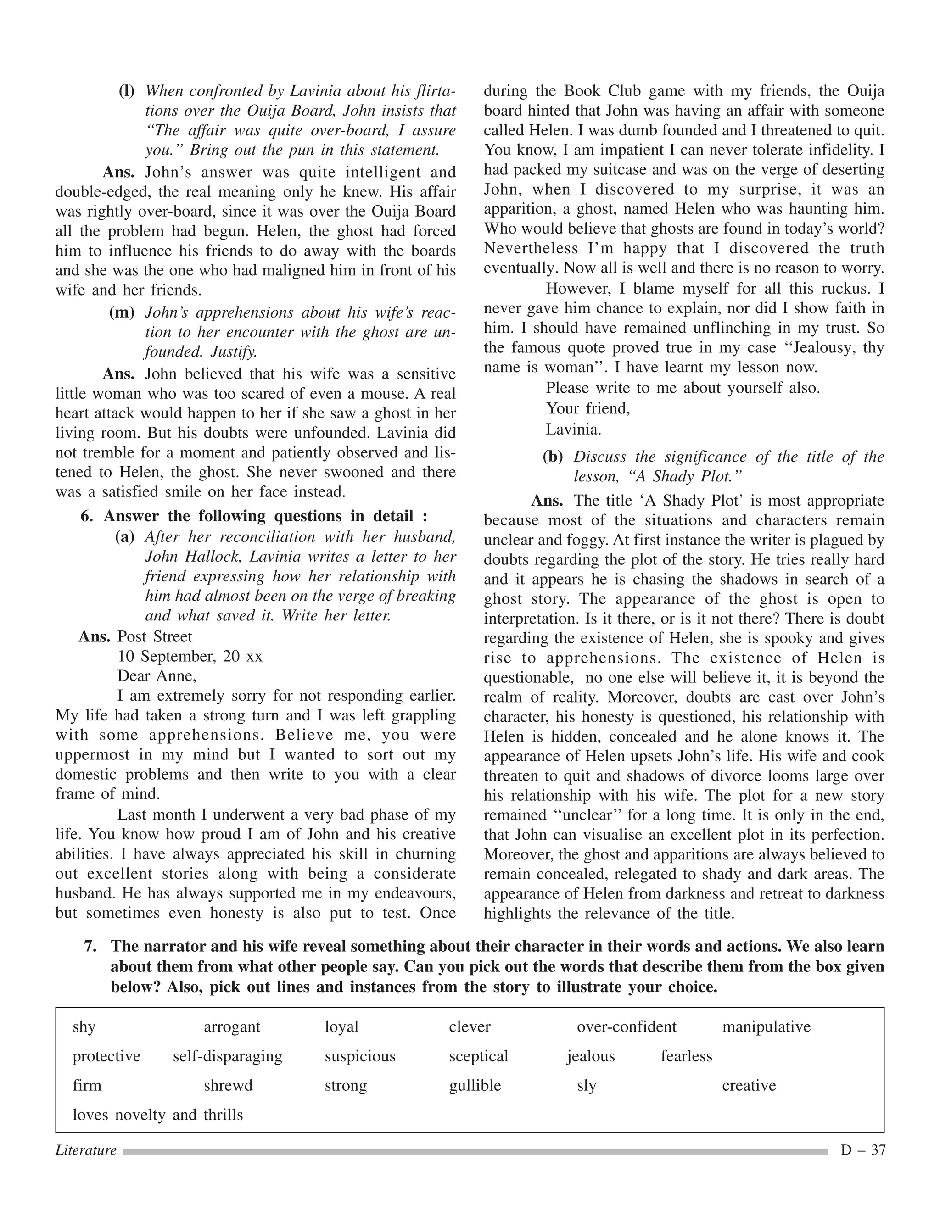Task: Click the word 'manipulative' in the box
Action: click(x=766, y=1026)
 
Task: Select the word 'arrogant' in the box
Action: click(x=232, y=1026)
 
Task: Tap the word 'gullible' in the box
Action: click(x=475, y=1086)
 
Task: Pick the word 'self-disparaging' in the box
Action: click(x=227, y=1056)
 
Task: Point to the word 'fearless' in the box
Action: click(x=686, y=1056)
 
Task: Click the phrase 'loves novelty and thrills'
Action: click(x=157, y=1115)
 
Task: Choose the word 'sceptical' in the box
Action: click(x=478, y=1056)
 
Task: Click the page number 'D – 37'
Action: click(x=862, y=1150)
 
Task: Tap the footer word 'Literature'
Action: click(x=86, y=1150)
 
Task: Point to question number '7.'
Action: click(x=91, y=947)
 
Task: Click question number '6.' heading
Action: click(x=87, y=516)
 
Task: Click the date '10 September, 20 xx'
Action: click(x=190, y=657)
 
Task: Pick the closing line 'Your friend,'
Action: click(x=587, y=409)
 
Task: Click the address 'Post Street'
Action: click(x=154, y=636)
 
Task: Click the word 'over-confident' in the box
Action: click(x=626, y=1026)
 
